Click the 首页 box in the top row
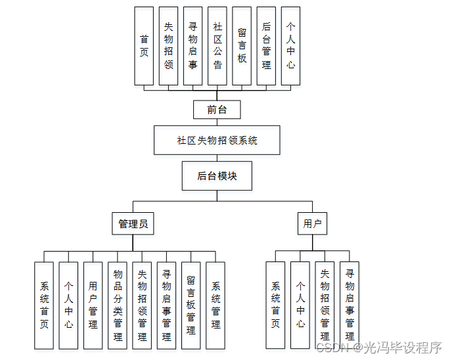click(x=144, y=46)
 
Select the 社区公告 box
click(x=217, y=46)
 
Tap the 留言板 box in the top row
click(x=242, y=46)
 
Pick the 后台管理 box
click(x=266, y=46)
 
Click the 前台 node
click(x=217, y=110)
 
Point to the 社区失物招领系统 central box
click(x=217, y=141)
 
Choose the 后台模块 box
click(x=217, y=176)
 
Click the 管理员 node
click(x=133, y=224)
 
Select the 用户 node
click(x=312, y=224)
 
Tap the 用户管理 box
click(x=93, y=305)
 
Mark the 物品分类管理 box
click(x=118, y=305)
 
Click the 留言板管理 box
click(x=191, y=305)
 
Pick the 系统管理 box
click(x=215, y=305)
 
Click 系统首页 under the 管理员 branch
click(x=44, y=305)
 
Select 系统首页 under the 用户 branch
click(x=275, y=305)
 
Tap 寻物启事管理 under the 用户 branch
click(x=350, y=305)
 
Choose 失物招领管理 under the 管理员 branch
click(x=142, y=305)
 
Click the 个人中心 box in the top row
click(x=290, y=46)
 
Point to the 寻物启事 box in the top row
click(x=192, y=46)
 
